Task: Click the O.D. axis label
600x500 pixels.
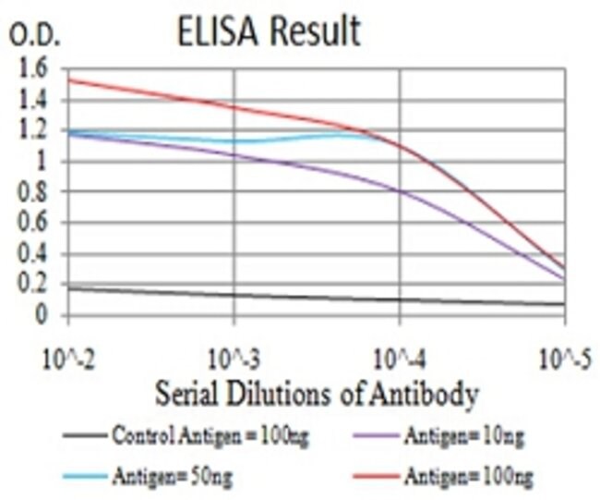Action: coord(34,38)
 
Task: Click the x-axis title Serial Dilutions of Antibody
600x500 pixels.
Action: coord(316,396)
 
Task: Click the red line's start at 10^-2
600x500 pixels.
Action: coord(68,79)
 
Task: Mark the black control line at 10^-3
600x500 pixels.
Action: coord(234,295)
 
